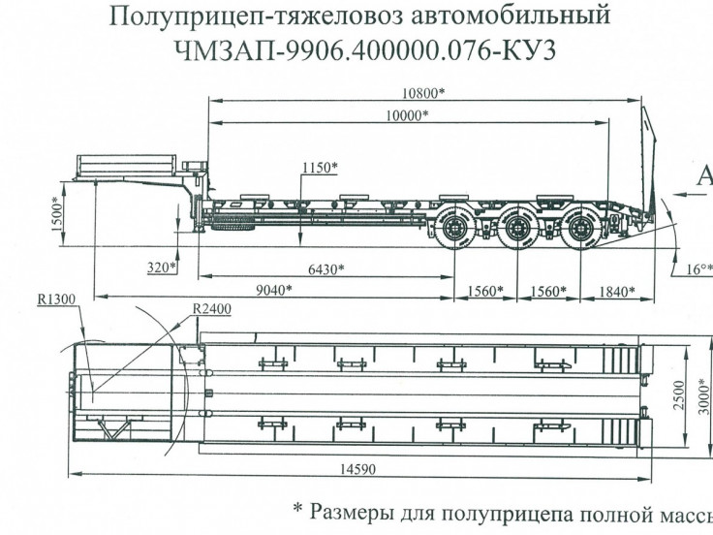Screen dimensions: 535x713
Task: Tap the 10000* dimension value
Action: point(407,115)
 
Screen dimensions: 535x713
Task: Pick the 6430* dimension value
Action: point(325,268)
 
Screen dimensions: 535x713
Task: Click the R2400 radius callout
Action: point(211,310)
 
